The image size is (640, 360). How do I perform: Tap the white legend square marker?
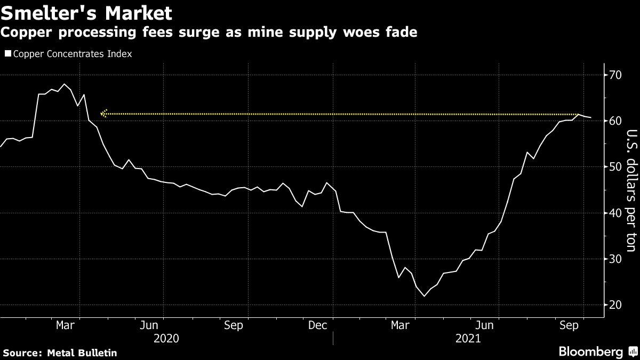pos(7,54)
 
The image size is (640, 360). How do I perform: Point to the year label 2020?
pos(166,339)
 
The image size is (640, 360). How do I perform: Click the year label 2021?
pos(468,339)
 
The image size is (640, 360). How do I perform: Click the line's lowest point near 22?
pos(424,296)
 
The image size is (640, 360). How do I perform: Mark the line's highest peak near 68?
pos(65,84)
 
